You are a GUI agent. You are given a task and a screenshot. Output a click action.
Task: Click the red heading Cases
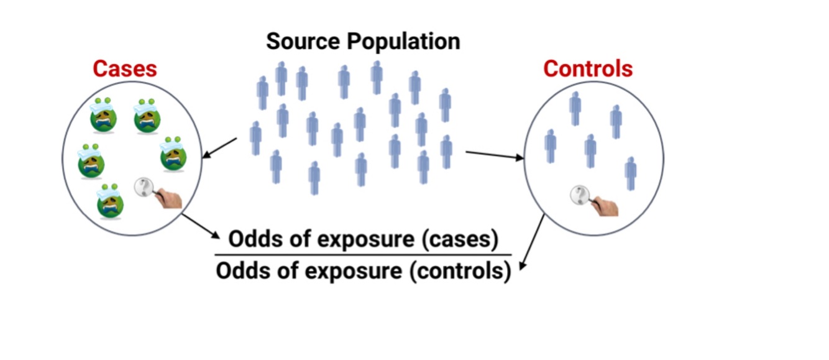click(x=125, y=68)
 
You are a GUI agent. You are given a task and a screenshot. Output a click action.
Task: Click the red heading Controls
click(x=588, y=68)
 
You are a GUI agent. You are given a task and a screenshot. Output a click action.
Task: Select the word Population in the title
click(x=403, y=42)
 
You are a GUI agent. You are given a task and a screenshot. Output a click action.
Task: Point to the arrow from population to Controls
click(x=494, y=155)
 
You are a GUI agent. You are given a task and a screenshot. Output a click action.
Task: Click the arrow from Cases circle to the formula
click(x=202, y=227)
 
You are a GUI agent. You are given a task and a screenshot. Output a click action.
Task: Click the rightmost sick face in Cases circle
click(x=175, y=155)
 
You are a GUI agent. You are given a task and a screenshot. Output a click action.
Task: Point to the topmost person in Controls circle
click(x=575, y=108)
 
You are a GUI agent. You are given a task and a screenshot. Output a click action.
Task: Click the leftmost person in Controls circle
click(x=550, y=145)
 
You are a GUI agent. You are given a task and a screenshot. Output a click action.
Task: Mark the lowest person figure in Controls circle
click(x=631, y=173)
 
